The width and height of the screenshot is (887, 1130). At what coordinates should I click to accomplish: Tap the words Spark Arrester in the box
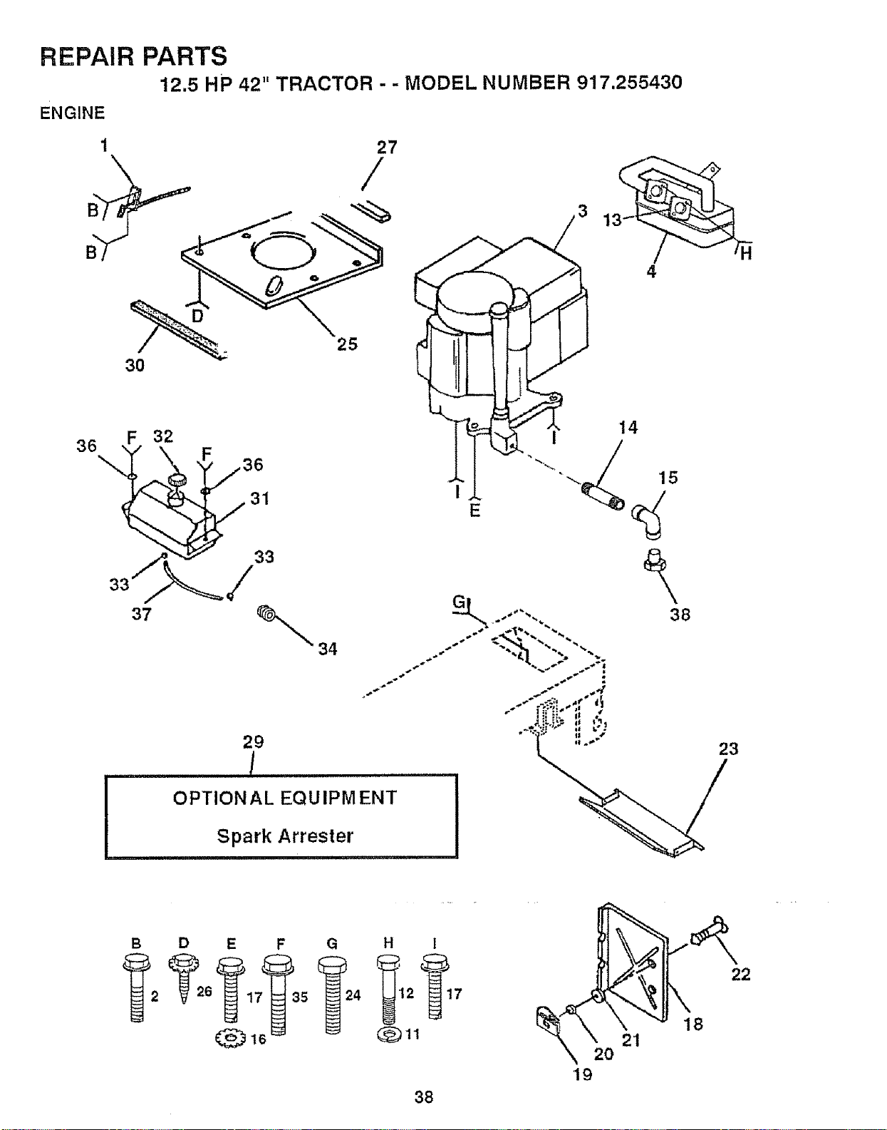285,836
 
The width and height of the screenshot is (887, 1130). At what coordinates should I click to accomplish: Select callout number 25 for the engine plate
347,344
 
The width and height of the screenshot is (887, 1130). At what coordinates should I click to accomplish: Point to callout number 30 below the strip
135,366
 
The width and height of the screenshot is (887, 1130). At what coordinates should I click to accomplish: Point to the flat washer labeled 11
388,1034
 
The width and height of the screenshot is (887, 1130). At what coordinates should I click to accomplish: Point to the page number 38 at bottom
424,1098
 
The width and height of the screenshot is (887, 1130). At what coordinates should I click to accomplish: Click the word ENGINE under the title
72,113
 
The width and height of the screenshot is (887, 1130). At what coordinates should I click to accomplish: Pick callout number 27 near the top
387,148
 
